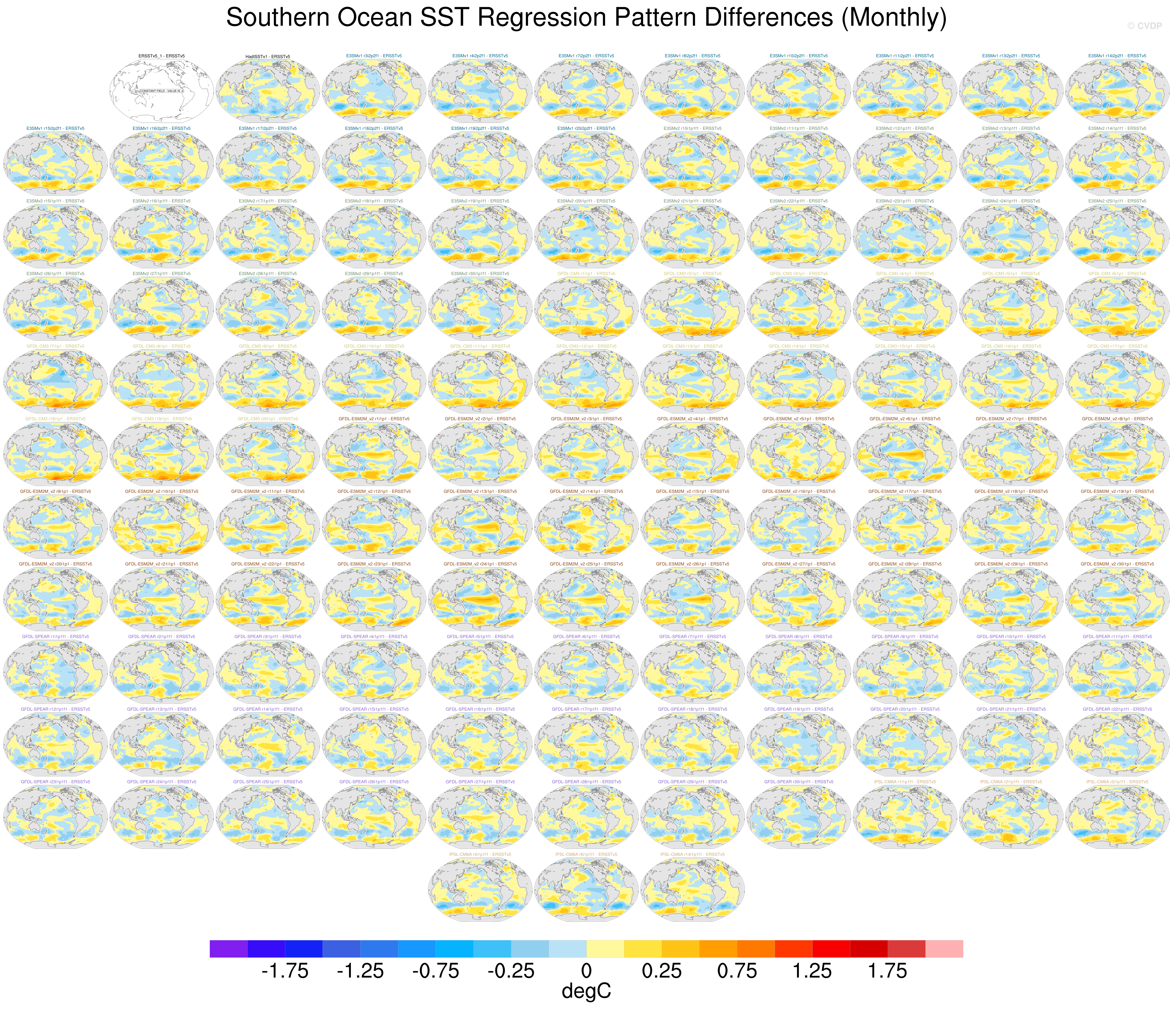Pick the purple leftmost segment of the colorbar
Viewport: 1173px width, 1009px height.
pos(228,948)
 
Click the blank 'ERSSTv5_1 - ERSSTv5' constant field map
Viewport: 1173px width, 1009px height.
pos(161,91)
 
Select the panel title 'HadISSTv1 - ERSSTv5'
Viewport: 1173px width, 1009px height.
pos(268,57)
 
